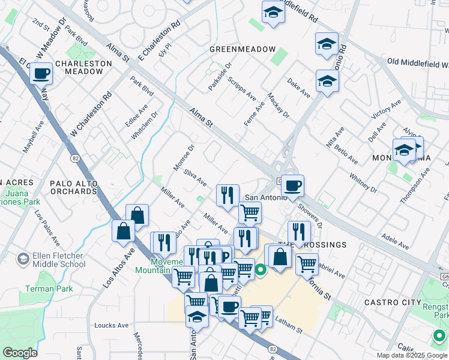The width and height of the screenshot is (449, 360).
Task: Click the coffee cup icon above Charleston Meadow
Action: pyautogui.click(x=41, y=74)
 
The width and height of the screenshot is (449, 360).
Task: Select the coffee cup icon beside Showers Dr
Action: pyautogui.click(x=292, y=186)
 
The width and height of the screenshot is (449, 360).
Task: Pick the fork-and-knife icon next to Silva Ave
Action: pyautogui.click(x=228, y=195)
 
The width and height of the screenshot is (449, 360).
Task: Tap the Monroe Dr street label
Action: pyautogui.click(x=184, y=156)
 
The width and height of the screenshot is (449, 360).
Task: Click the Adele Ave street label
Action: pyautogui.click(x=396, y=241)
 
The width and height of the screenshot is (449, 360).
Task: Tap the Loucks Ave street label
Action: pyautogui.click(x=111, y=326)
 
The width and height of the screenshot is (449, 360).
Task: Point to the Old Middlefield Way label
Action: pyautogui.click(x=418, y=63)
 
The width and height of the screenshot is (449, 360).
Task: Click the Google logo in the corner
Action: pyautogui.click(x=20, y=352)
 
